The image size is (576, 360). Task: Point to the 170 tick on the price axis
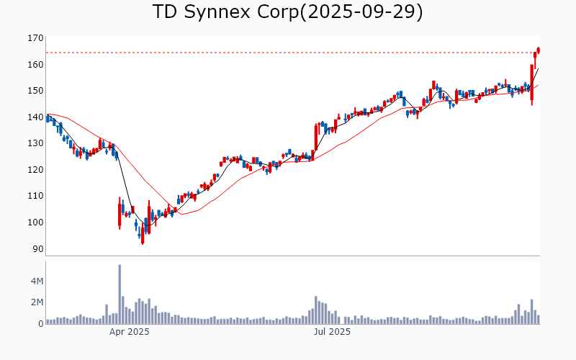(x=35, y=38)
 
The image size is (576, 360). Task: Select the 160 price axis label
(x=35, y=64)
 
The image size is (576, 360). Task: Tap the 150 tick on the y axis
(x=35, y=91)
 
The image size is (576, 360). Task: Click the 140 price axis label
(x=35, y=117)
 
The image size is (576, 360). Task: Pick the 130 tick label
(x=35, y=143)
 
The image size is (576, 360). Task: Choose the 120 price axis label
(x=35, y=169)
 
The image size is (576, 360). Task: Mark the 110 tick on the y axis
(x=35, y=196)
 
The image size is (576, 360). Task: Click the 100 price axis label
(x=35, y=222)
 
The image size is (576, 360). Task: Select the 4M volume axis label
(x=36, y=280)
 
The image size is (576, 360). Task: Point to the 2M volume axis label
(x=36, y=302)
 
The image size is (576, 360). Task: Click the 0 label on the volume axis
(x=41, y=323)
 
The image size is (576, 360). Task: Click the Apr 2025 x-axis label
(x=130, y=332)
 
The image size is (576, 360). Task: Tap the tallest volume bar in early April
(x=120, y=294)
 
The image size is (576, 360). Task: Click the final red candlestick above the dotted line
(x=538, y=50)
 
